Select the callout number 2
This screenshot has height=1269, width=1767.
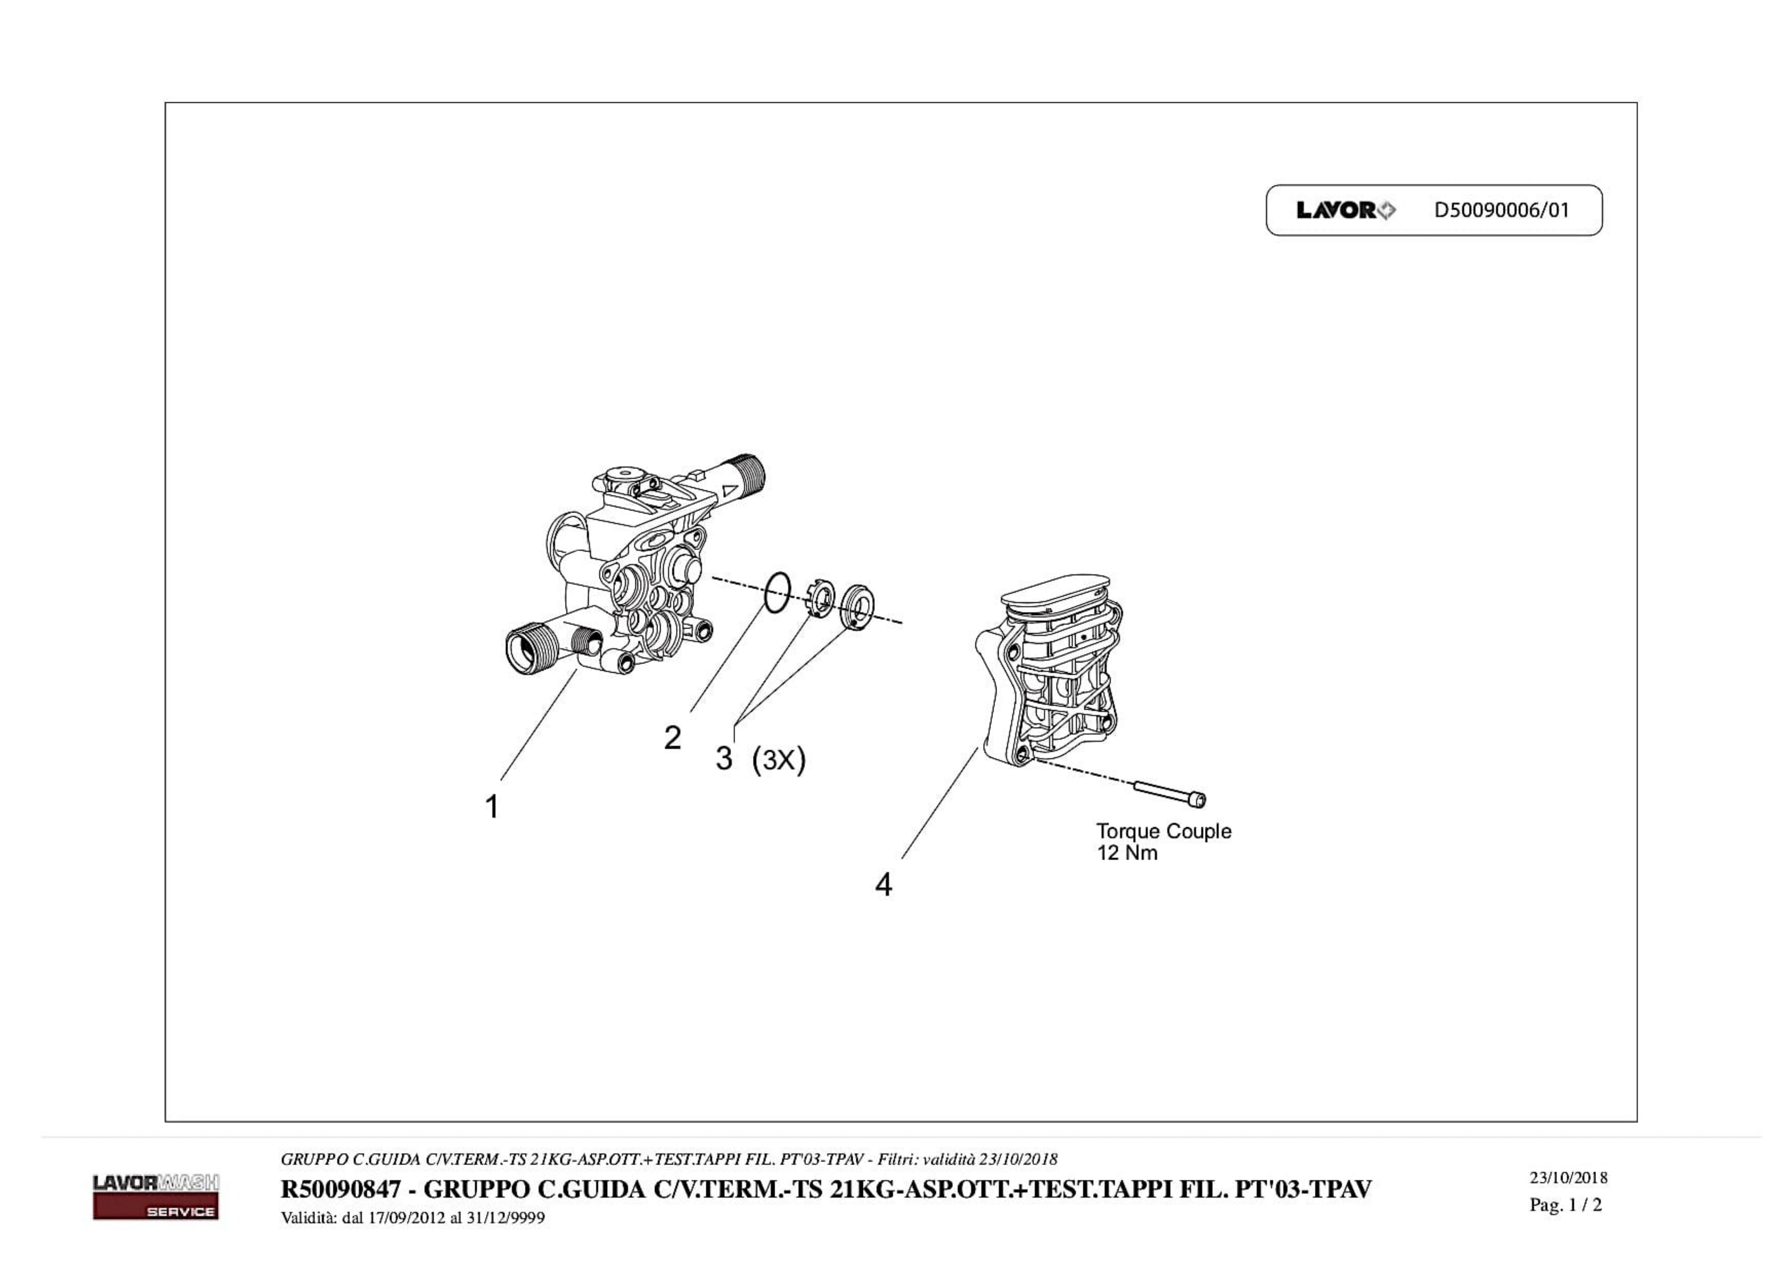point(672,738)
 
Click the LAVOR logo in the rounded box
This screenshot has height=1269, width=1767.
point(1346,210)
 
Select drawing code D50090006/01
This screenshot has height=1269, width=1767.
point(1501,210)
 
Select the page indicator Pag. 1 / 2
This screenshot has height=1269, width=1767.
point(1565,1205)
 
